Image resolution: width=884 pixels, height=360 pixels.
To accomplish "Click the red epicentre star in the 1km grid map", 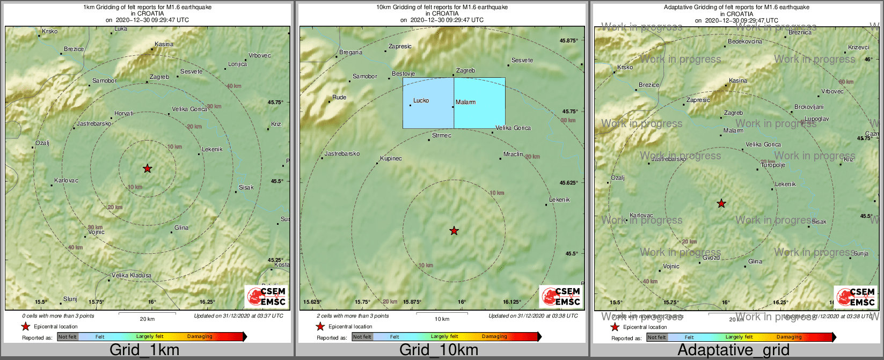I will (x=148, y=168).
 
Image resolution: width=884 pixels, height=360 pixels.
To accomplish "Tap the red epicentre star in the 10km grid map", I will (x=454, y=231).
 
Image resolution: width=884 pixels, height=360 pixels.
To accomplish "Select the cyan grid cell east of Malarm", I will (x=480, y=103).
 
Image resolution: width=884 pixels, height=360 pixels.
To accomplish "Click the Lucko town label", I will (x=421, y=100).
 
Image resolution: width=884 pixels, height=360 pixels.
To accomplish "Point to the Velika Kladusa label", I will (x=131, y=275).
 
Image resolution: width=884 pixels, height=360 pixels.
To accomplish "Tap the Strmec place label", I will (x=441, y=135).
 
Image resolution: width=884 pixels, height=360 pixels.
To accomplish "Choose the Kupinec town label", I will (x=391, y=158).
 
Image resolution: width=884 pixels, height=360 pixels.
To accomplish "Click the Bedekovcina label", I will (x=744, y=41).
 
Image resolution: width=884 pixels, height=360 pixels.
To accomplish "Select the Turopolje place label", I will (x=773, y=165).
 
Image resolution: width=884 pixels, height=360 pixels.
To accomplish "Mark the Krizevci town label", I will (x=858, y=47).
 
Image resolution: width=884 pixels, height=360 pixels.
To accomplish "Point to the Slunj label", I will (x=70, y=299).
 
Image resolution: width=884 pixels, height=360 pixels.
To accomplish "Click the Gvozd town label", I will (x=711, y=258).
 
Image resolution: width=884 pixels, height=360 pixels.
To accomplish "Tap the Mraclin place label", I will (x=513, y=154).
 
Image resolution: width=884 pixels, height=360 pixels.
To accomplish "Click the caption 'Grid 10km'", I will (x=439, y=350).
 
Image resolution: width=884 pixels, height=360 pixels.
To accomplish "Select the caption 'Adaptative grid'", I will (x=733, y=350).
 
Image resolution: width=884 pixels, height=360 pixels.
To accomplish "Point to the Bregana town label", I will (x=350, y=52).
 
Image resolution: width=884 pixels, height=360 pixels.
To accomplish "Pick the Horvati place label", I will (x=124, y=113).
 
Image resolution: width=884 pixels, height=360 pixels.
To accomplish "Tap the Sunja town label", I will (x=861, y=253).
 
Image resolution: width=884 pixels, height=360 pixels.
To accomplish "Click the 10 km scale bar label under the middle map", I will (x=442, y=319).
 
